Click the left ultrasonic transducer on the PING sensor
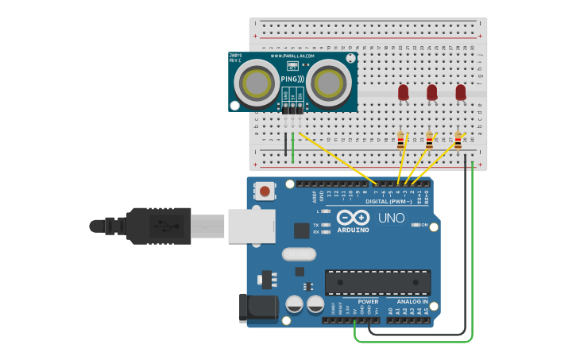click(x=257, y=82)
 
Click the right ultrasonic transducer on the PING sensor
click(x=328, y=82)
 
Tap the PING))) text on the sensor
click(x=292, y=79)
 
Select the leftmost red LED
click(x=403, y=92)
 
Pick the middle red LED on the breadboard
click(x=431, y=92)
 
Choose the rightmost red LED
click(x=460, y=92)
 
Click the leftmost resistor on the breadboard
click(x=401, y=141)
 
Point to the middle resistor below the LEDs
click(x=430, y=141)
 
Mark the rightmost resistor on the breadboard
click(x=458, y=141)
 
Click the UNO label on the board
click(x=391, y=218)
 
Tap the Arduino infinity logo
click(x=353, y=218)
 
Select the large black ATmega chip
click(x=377, y=282)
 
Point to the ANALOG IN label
click(x=412, y=302)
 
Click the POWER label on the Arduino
click(x=368, y=302)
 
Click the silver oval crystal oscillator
click(x=299, y=254)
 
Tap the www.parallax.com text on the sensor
click(x=292, y=56)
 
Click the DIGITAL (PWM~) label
click(x=389, y=202)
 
